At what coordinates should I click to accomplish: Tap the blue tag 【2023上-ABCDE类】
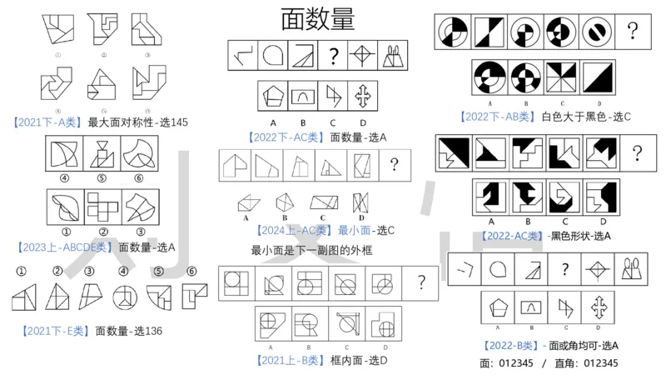pos(63,247)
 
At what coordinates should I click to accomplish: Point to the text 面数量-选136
pos(128,331)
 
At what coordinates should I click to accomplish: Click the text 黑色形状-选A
pos(581,236)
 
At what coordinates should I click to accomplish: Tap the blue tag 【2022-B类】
pos(510,345)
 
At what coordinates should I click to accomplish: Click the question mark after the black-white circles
pos(633,32)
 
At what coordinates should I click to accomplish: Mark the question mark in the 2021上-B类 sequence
pos(422,282)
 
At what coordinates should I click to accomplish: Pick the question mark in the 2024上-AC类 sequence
pos(393,164)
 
